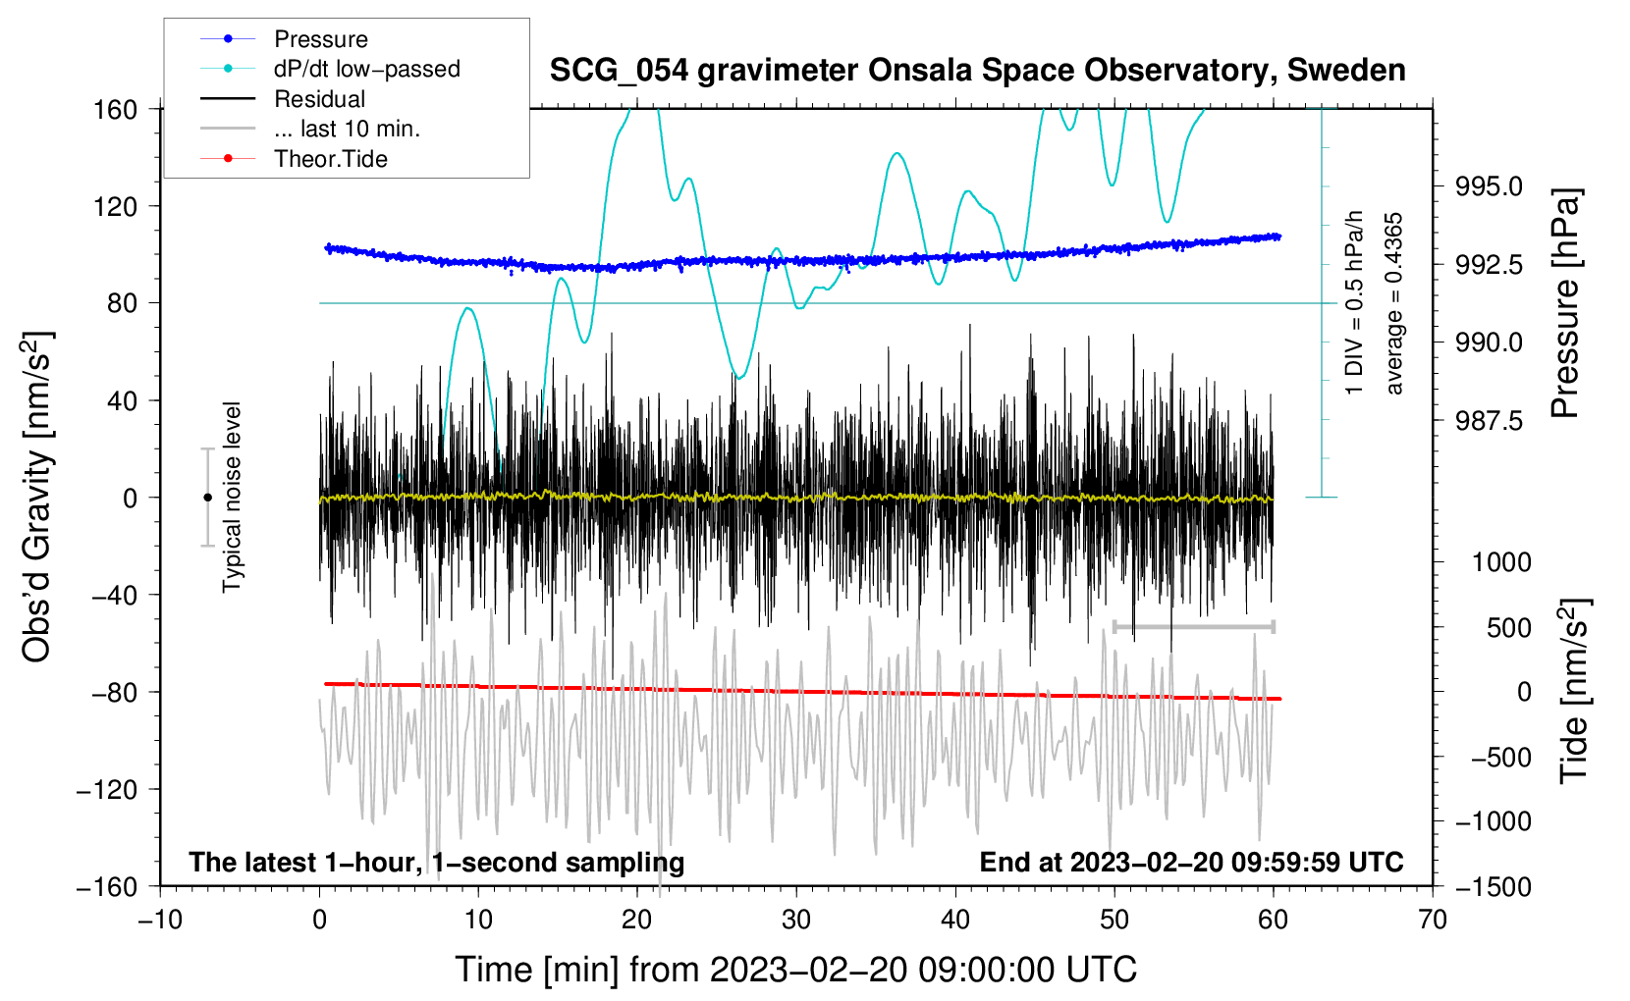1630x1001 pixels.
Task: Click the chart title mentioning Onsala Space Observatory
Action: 977,71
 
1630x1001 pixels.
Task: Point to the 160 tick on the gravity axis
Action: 116,110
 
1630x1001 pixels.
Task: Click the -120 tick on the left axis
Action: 108,789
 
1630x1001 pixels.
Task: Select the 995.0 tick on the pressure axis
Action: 1489,187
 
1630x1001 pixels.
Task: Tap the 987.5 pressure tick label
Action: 1489,420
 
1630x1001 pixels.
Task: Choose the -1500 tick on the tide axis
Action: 1493,887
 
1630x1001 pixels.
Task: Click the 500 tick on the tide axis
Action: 1509,628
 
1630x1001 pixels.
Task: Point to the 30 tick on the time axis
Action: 796,921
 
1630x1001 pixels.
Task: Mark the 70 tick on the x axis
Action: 1432,921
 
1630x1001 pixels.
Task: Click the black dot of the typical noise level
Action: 207,498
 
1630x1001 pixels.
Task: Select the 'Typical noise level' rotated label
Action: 232,498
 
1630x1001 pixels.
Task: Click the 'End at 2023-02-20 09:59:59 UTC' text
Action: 1191,862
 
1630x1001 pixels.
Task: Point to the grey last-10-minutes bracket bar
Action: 1193,627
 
